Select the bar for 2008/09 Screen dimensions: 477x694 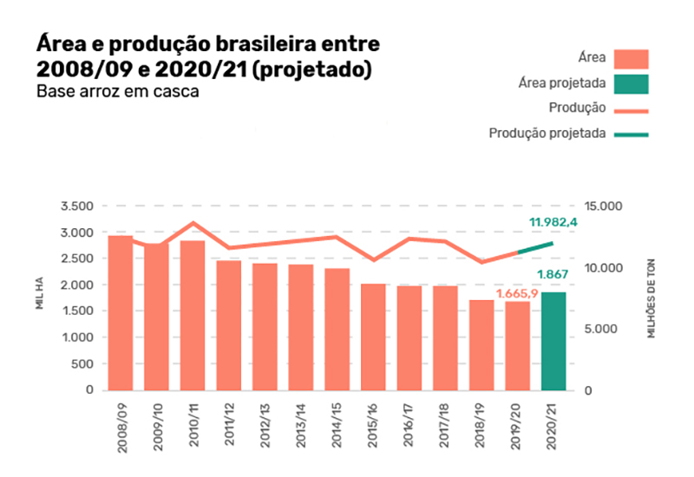[121, 312]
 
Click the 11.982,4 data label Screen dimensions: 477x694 [553, 223]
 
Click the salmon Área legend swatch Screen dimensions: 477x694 [631, 59]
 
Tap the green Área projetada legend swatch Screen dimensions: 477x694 [631, 84]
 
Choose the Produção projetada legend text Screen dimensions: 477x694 [547, 134]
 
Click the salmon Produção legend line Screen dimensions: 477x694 [631, 109]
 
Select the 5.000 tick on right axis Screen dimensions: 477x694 [606, 329]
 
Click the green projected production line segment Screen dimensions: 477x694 [536, 248]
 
